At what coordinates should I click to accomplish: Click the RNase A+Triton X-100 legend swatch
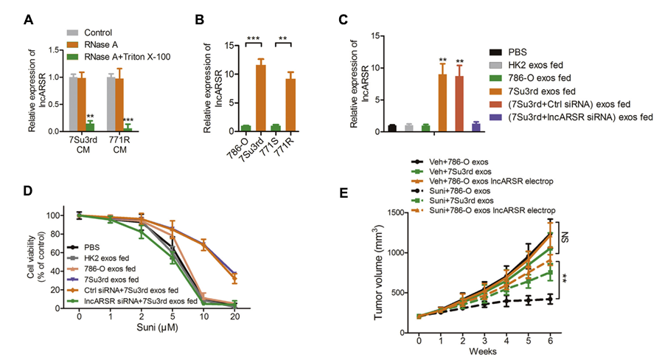pyautogui.click(x=72, y=55)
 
